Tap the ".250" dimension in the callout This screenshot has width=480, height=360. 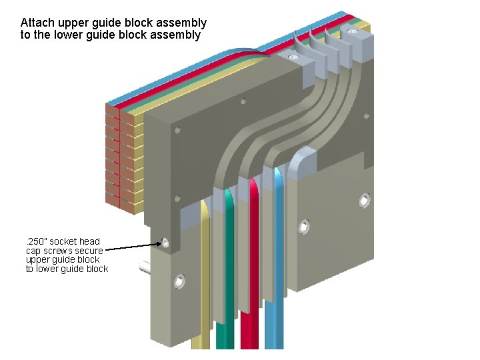tap(35, 241)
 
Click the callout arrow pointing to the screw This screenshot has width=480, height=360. tap(130, 247)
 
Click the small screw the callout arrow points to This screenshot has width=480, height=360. tap(165, 243)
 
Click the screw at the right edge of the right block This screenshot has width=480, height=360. tap(365, 199)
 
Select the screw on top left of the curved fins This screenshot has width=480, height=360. tap(293, 58)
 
